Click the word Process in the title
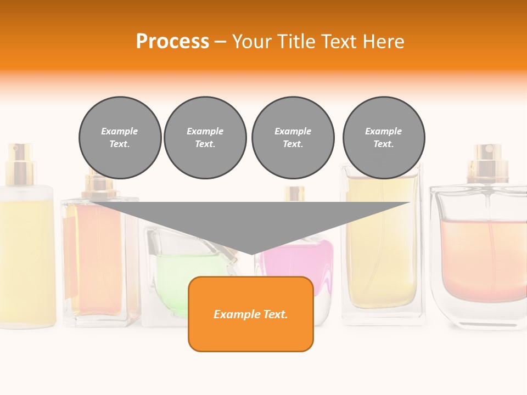(x=172, y=41)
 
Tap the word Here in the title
(x=383, y=41)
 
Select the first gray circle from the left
(x=120, y=138)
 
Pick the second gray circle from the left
(x=205, y=138)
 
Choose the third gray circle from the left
(x=293, y=138)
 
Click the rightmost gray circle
(x=383, y=138)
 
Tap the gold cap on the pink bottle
(x=294, y=194)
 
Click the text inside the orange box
(x=251, y=314)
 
